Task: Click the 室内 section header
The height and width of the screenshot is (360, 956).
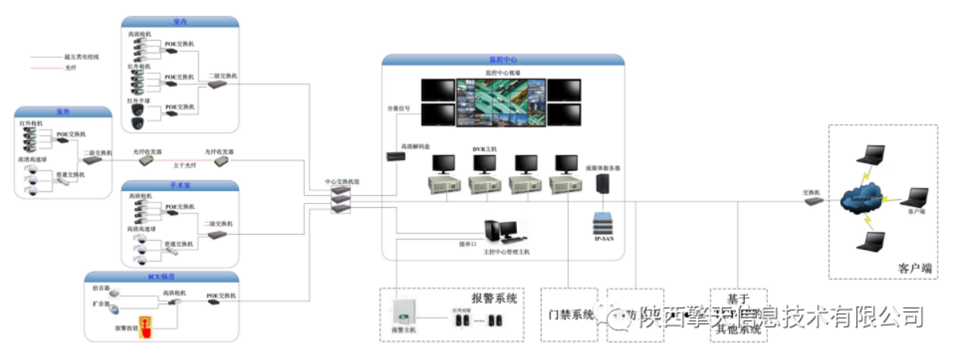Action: pos(179,22)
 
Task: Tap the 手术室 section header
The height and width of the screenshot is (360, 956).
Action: pos(179,186)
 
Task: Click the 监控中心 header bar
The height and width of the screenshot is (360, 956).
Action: pos(503,60)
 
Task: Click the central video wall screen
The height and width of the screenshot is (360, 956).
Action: pos(501,102)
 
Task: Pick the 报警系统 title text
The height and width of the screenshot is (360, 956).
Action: pos(494,299)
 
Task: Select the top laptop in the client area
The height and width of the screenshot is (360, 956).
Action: pos(875,153)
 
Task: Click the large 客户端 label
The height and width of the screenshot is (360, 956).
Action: pos(915,268)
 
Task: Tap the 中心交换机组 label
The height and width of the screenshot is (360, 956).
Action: pos(342,182)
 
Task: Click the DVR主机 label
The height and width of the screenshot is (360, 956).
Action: pos(484,149)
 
